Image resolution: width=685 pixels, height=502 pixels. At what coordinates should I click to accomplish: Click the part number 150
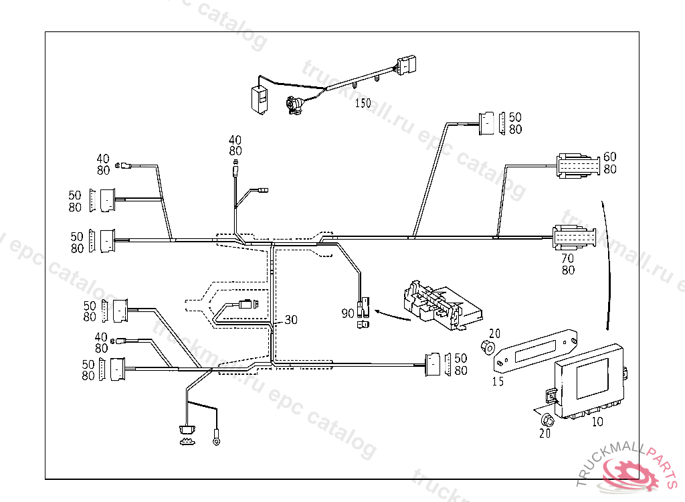(363, 103)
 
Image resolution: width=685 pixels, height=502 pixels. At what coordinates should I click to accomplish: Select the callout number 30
(290, 320)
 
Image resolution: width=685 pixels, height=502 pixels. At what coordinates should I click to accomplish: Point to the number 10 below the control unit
(597, 422)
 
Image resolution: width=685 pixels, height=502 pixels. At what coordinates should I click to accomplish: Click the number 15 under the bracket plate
(498, 382)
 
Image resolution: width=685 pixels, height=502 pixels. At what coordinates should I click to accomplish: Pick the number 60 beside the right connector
(609, 157)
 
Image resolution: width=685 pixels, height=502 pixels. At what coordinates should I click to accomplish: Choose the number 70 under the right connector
(568, 258)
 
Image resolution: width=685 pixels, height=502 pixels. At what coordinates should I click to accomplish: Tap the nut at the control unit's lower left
(547, 420)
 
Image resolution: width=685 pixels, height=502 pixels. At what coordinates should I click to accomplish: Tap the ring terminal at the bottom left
(217, 440)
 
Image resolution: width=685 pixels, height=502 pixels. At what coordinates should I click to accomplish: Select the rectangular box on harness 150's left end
(259, 98)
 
